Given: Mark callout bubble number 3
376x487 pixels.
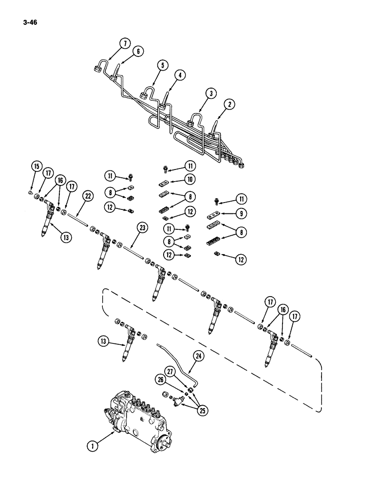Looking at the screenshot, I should (x=210, y=93).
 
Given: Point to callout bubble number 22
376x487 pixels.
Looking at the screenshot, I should (x=88, y=196).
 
